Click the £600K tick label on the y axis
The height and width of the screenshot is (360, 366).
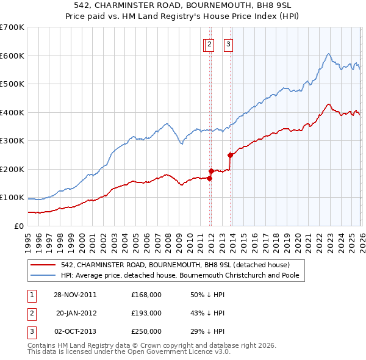click(12, 56)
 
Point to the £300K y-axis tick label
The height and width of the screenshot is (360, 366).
click(12, 141)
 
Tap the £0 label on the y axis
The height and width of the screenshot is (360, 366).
click(20, 226)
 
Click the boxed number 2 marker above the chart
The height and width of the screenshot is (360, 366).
click(209, 44)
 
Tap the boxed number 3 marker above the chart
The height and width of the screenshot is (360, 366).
click(228, 44)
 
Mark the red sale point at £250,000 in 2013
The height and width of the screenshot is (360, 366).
click(231, 155)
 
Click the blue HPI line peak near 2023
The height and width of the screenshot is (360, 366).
click(328, 54)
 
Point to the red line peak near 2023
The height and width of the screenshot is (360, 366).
click(328, 104)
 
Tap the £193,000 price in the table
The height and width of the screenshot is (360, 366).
click(146, 313)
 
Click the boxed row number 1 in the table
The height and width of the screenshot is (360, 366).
click(30, 295)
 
